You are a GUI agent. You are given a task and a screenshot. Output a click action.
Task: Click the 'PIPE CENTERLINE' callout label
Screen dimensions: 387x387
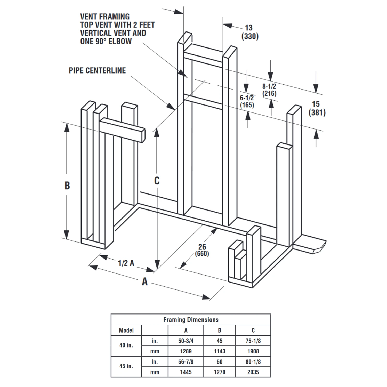point(97,70)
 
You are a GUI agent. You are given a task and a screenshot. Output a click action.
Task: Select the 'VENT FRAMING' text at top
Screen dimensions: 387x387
point(105,17)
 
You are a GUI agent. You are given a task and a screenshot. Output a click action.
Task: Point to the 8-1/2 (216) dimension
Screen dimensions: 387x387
point(269,90)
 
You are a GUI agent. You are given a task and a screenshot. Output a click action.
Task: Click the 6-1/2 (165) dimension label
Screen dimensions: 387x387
point(247,101)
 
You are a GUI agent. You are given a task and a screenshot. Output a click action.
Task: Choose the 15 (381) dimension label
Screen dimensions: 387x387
point(317,108)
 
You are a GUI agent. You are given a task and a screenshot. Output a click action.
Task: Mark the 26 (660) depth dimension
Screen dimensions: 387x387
point(202,250)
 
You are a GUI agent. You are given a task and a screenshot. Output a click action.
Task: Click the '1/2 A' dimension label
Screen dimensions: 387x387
point(126,263)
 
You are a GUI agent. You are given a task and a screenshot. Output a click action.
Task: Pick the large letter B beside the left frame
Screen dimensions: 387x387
point(67,186)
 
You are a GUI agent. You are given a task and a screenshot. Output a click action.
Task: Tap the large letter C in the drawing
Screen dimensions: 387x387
point(157,181)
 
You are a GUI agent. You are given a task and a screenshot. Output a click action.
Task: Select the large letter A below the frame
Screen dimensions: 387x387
point(145,281)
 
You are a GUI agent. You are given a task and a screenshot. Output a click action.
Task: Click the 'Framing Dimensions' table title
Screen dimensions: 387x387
point(191,320)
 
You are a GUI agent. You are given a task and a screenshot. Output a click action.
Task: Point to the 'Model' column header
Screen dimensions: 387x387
point(126,330)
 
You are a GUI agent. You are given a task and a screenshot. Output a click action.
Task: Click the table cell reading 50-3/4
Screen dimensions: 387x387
point(186,341)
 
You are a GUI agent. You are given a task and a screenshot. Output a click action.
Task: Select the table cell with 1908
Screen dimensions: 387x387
point(253,351)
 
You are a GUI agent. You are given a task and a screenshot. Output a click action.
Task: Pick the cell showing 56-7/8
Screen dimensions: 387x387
point(186,362)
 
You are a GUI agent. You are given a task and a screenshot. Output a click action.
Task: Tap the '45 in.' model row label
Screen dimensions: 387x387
point(126,366)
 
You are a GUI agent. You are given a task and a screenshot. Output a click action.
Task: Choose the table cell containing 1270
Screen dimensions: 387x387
point(219,372)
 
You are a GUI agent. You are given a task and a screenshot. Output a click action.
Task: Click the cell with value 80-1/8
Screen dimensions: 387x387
point(253,362)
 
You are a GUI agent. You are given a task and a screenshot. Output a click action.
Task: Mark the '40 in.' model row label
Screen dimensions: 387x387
point(126,345)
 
